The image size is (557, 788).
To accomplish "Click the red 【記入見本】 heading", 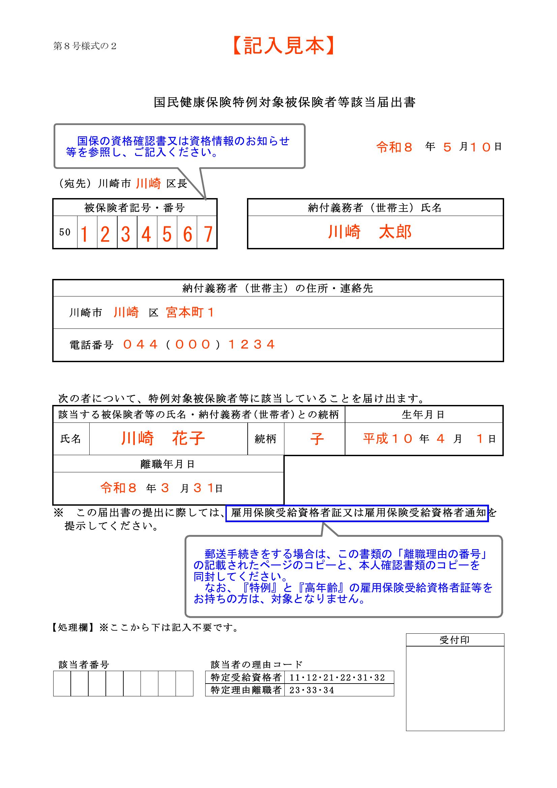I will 283,46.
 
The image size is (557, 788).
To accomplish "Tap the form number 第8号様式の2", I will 85,46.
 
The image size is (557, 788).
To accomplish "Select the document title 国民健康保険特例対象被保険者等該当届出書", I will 284,102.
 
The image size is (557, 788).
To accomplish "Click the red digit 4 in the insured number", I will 147,235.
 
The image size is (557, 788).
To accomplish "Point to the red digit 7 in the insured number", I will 208,235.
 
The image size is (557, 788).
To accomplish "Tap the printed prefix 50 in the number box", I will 65,232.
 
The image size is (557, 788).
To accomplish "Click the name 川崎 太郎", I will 370,232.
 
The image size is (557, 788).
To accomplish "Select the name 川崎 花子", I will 163,439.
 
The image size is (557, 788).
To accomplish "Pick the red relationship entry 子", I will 317,439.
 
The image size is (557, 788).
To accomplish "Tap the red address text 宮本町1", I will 190,312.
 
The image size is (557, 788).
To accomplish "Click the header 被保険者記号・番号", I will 135,208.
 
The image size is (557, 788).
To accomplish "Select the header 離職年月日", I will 168,464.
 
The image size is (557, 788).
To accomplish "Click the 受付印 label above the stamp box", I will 454,640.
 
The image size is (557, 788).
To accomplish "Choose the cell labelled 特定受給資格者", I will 246,677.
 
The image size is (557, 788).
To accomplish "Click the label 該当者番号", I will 84,665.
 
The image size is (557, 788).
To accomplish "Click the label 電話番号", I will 92,345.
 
